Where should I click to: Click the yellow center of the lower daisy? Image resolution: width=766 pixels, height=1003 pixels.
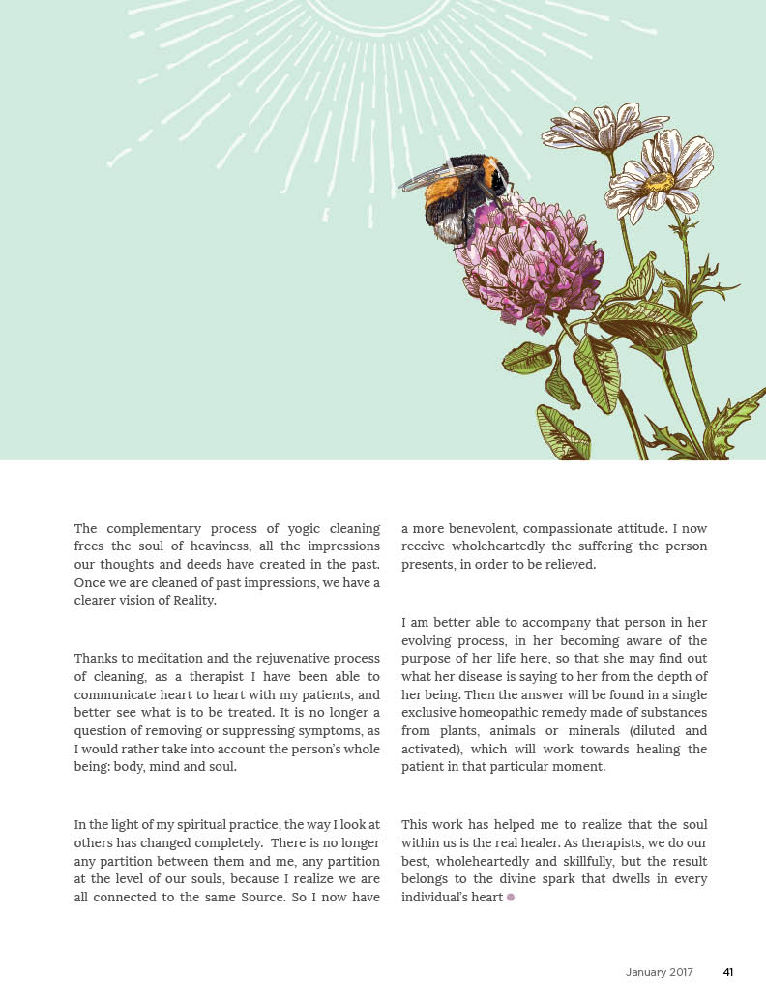pos(659,181)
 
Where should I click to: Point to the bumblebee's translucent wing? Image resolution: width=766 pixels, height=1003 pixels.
pos(430,177)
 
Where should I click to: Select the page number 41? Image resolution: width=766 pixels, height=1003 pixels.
pos(728,972)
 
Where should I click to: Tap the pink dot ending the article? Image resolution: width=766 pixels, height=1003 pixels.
pos(511,898)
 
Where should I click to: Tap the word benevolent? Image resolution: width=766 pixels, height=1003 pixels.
pos(499,528)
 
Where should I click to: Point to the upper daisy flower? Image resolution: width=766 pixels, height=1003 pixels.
pos(583,129)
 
